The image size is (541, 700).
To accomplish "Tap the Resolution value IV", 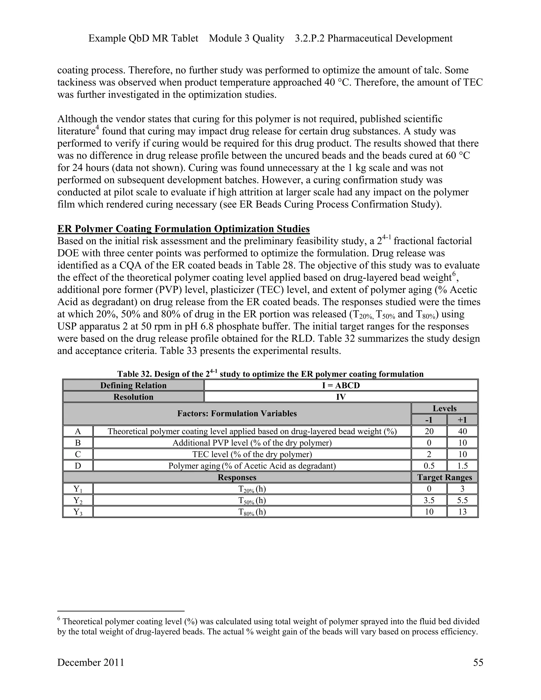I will [341, 397].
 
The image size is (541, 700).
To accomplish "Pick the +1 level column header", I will [462, 420].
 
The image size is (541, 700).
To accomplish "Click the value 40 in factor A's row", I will [462, 431].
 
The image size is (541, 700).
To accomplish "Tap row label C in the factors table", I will [78, 454].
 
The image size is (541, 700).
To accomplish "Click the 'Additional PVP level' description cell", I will [252, 443].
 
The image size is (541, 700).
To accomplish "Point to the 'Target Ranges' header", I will [445, 477].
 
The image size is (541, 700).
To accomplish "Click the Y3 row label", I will [78, 512].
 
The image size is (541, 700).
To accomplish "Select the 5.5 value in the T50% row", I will [462, 500].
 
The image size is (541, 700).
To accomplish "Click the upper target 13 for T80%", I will [462, 512].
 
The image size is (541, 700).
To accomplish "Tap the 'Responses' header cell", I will [237, 477].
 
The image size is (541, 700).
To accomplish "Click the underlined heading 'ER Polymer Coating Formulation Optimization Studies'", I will [183, 229].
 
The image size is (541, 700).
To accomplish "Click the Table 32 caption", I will [270, 374].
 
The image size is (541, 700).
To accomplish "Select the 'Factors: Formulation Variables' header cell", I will [237, 413].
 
